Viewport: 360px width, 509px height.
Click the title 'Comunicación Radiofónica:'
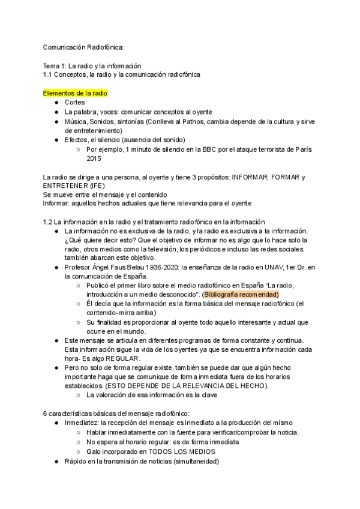coord(83,47)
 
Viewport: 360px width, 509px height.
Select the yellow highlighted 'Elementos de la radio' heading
coord(76,93)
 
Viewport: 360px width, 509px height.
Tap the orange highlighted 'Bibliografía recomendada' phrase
coord(241,295)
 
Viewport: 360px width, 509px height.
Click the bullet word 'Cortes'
coord(74,103)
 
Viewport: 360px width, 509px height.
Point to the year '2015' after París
coord(94,159)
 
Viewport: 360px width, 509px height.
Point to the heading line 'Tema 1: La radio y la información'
coord(92,65)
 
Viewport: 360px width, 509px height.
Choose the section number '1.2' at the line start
coord(49,222)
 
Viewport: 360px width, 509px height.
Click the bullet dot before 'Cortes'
coord(56,103)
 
